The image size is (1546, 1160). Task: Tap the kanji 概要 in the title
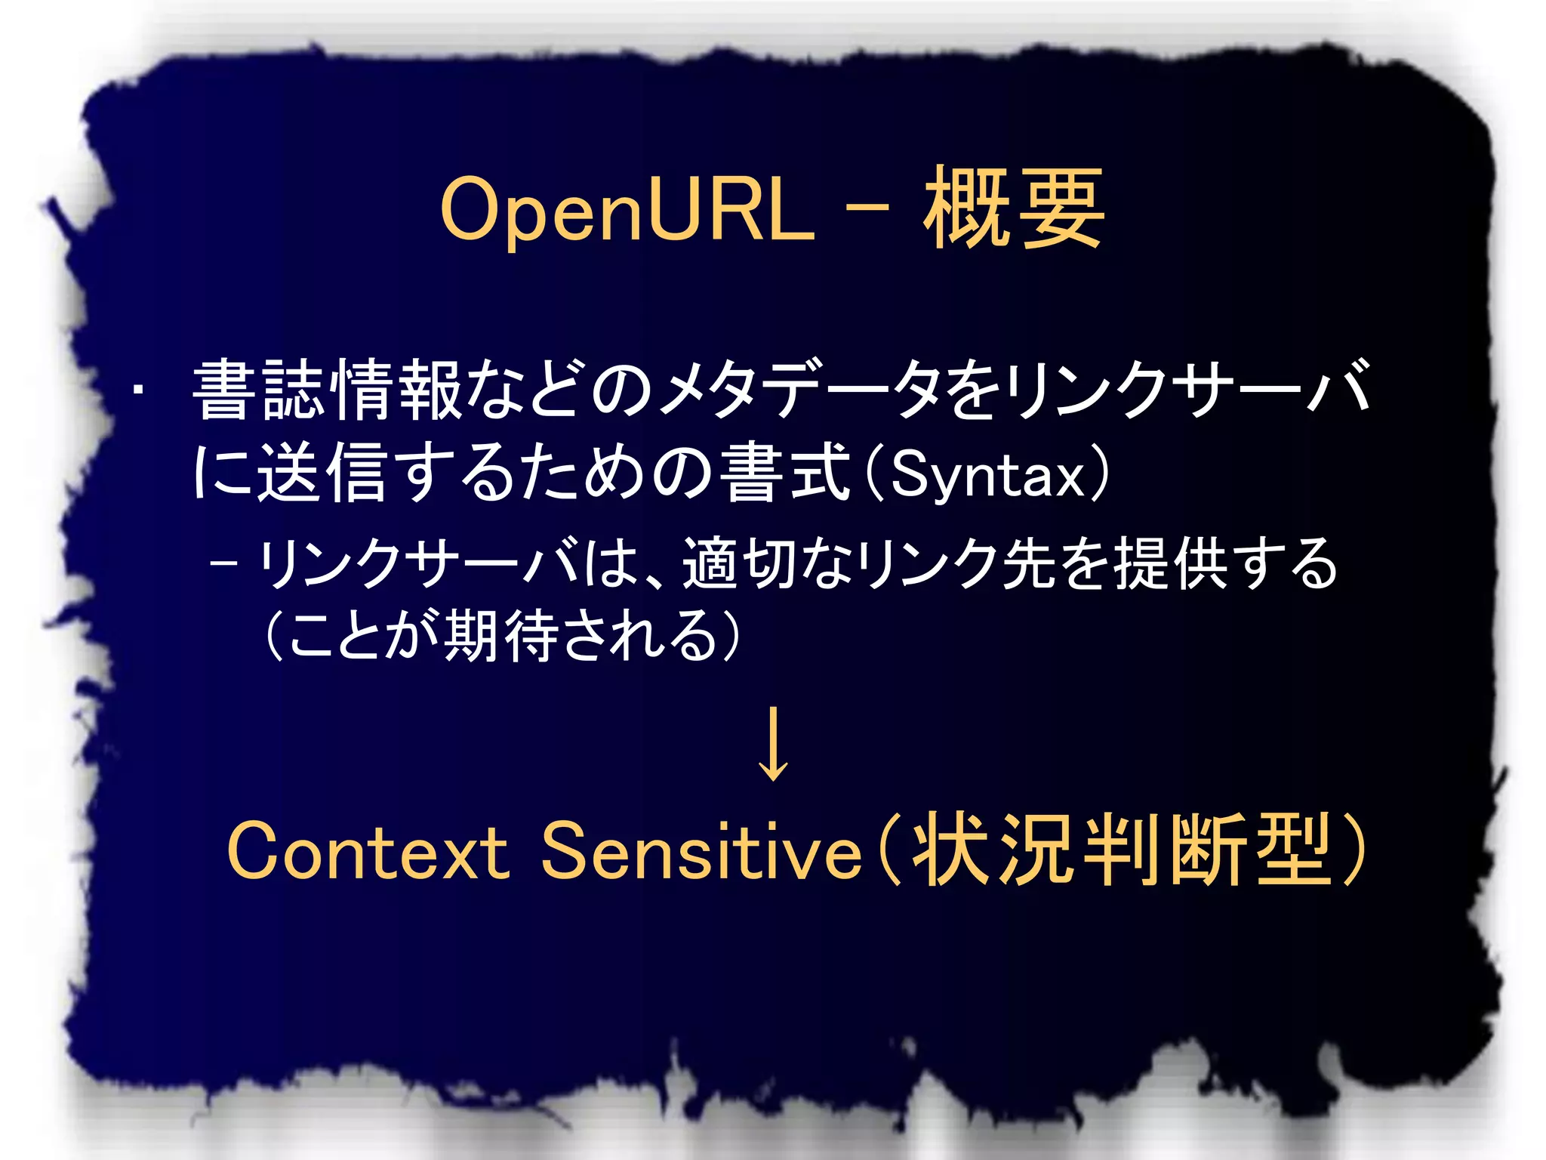[x=1013, y=208]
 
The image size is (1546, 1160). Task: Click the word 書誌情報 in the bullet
[x=327, y=390]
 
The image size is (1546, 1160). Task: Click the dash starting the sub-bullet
[x=225, y=563]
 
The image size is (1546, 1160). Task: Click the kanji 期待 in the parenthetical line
[x=501, y=636]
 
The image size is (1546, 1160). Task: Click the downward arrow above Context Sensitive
[x=773, y=744]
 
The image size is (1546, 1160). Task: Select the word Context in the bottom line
[x=368, y=852]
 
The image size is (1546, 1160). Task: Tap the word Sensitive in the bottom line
[x=701, y=852]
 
